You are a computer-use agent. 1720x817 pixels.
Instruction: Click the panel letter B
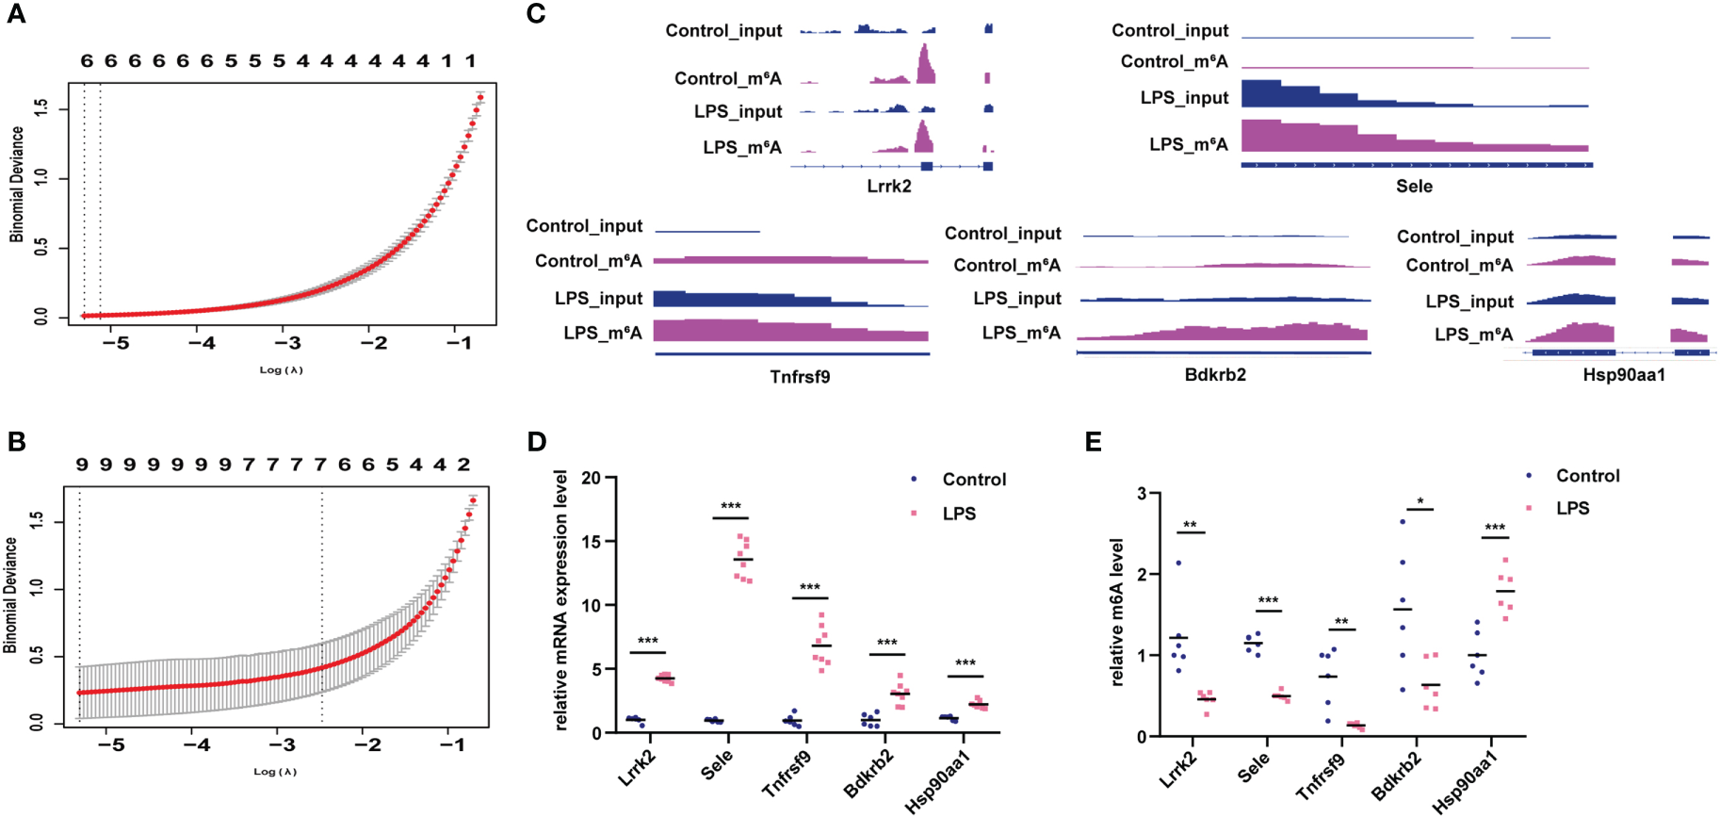(16, 442)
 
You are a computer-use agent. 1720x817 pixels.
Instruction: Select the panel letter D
(536, 442)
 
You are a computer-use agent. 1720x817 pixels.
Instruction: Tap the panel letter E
(1093, 442)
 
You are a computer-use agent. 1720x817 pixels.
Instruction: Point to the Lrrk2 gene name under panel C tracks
(888, 187)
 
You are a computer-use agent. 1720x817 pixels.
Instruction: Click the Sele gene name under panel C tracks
(1414, 187)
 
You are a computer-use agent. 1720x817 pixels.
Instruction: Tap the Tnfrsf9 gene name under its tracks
(800, 377)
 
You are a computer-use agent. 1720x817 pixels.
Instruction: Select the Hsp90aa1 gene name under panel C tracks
(1623, 375)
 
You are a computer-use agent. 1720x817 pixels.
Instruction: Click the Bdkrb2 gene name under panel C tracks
(1215, 375)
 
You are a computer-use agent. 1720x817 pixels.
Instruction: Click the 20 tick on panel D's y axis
(591, 478)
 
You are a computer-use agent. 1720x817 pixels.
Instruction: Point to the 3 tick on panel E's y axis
(1142, 494)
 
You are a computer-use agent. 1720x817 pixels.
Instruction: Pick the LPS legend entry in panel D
(958, 514)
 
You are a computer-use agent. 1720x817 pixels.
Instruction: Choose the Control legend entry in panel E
(1587, 476)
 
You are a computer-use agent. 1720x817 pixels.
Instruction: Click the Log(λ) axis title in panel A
(281, 370)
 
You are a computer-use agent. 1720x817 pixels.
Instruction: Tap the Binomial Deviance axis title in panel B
(11, 596)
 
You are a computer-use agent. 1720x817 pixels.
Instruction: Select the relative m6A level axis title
(1117, 613)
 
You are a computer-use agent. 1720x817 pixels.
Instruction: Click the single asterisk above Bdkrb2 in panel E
(1420, 501)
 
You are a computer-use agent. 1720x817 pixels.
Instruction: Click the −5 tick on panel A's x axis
(116, 343)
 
